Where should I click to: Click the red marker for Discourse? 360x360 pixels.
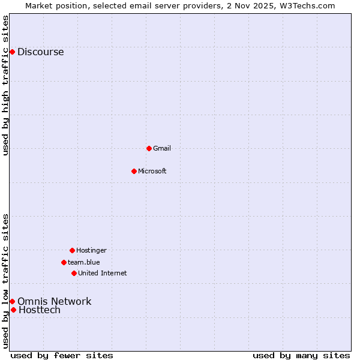(12, 52)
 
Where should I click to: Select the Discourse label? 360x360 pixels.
(40, 52)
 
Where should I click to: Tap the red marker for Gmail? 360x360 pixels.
(149, 148)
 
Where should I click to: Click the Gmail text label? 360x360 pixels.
(162, 148)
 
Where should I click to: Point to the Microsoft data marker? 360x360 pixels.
(134, 171)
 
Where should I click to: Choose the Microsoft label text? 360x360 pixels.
(152, 171)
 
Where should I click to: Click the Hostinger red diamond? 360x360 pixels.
(72, 250)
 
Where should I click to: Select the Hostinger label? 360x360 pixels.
(91, 250)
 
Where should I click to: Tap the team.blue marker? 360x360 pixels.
(64, 262)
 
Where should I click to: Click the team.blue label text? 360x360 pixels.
(84, 262)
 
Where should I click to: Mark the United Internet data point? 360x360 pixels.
(74, 273)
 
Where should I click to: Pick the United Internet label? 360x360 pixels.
(103, 273)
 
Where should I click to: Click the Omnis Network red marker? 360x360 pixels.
(12, 301)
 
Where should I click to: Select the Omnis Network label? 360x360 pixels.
(54, 301)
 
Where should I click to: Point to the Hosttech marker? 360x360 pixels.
(13, 310)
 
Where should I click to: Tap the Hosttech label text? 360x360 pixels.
(40, 310)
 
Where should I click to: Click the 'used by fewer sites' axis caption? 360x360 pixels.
(62, 355)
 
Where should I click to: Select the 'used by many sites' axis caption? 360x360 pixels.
(301, 355)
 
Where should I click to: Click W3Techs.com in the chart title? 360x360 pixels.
(306, 5)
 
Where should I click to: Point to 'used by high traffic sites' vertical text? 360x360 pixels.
(5, 85)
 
